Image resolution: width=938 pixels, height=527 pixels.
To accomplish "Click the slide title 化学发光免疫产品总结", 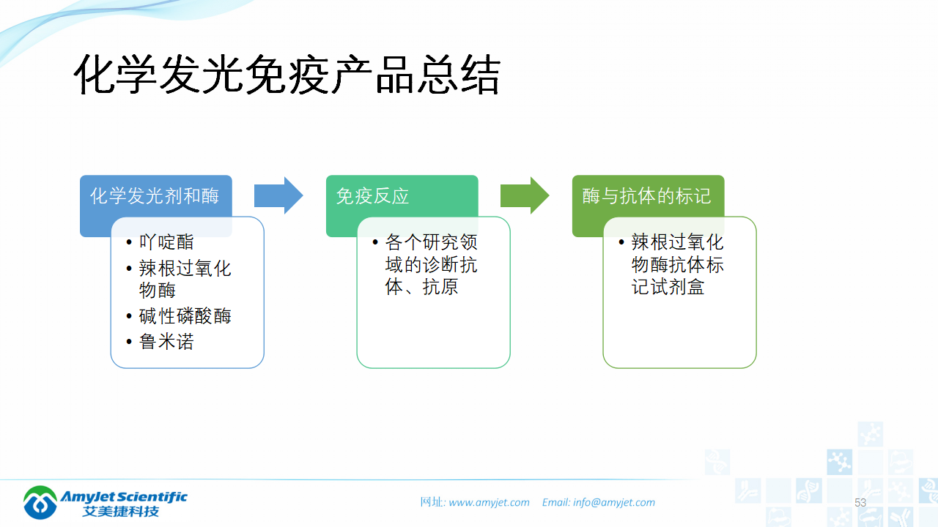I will pos(287,75).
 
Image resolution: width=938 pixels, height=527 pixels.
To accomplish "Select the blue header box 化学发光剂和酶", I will pos(155,196).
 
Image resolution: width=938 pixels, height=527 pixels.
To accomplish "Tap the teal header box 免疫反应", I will pos(372,196).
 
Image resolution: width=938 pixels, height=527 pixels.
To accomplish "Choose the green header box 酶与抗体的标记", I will pos(646,196).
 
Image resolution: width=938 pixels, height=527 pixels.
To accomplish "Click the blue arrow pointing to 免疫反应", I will pos(278,195).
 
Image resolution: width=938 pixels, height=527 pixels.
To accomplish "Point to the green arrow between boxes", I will pos(525,195).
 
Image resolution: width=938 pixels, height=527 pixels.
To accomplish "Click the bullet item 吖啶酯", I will pos(166,242).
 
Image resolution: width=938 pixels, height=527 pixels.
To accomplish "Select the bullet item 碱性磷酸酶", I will pos(185,316).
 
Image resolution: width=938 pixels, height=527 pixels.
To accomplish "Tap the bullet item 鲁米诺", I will pos(166,341).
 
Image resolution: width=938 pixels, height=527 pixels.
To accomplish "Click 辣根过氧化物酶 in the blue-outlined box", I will pos(185,279).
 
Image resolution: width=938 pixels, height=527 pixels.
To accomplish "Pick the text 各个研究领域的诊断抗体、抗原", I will pos(431,264).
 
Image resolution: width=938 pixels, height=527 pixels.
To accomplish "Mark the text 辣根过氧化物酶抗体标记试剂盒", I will pos(677,264).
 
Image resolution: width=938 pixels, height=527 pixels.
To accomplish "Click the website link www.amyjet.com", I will pos(489,502).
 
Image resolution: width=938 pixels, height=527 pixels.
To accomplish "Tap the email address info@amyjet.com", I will pos(614,502).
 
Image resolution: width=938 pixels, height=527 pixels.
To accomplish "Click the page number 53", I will pos(860,503).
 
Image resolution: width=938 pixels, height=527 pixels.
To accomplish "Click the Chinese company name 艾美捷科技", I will pos(121,511).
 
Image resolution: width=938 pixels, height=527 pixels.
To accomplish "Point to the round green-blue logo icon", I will pos(40,501).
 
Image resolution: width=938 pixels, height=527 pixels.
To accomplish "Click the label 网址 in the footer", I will pos(431,502).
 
